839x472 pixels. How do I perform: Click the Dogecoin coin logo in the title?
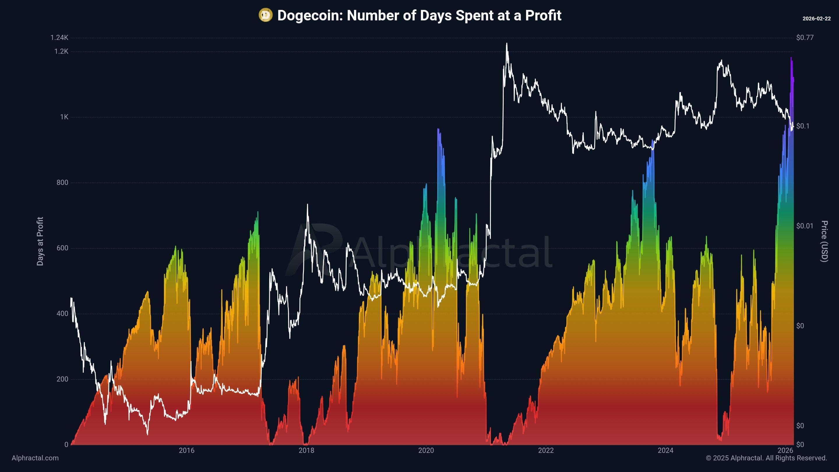[265, 15]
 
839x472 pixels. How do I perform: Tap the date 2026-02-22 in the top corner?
[817, 19]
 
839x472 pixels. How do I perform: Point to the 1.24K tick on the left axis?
[59, 38]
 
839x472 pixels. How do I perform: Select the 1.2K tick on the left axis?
[61, 52]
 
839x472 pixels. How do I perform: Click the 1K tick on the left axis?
[64, 117]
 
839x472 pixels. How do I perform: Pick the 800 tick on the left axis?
[62, 182]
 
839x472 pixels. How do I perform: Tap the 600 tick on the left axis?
[62, 248]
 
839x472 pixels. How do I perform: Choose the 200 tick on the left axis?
[62, 379]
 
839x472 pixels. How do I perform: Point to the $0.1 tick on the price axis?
[803, 126]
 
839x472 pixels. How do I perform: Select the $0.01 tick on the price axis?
[804, 226]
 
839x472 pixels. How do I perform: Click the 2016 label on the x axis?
[187, 450]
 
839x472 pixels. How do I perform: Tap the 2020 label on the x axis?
[426, 450]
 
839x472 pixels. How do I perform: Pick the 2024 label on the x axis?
[665, 450]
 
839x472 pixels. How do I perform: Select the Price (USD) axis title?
[824, 241]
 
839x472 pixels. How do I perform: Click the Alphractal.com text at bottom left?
[35, 458]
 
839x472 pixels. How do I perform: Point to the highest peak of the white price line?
[507, 43]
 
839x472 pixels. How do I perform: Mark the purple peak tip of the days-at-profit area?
[791, 58]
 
